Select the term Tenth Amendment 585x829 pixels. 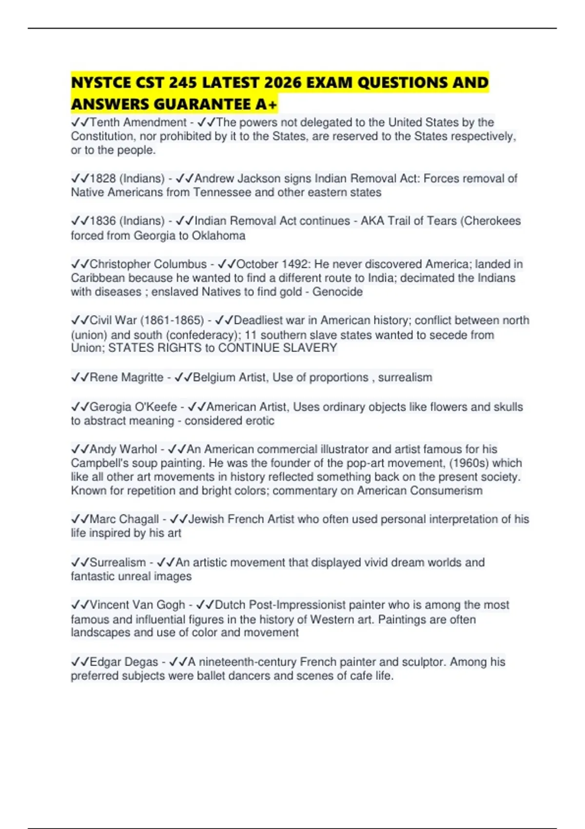[138, 122]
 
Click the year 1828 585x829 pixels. [102, 178]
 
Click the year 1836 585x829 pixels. [102, 221]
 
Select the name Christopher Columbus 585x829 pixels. [148, 264]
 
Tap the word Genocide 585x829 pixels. [337, 292]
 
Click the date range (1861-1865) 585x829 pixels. [172, 320]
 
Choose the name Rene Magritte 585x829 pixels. [126, 377]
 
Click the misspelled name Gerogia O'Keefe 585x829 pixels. [133, 407]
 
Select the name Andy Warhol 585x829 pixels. [123, 449]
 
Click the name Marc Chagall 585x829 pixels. [124, 519]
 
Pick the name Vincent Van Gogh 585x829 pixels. [137, 605]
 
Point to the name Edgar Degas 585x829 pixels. [124, 662]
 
